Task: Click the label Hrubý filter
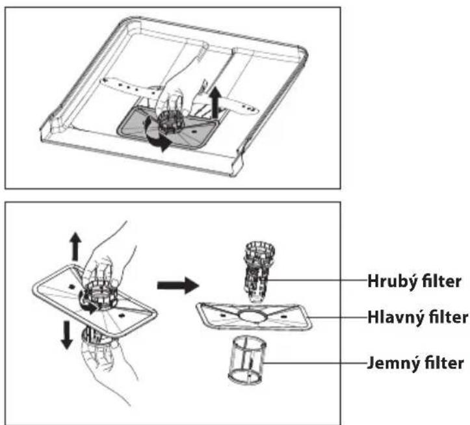(x=414, y=281)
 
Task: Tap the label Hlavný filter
(x=418, y=317)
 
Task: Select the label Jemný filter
(x=415, y=363)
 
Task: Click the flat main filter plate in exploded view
(x=254, y=317)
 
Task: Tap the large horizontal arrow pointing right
(x=178, y=285)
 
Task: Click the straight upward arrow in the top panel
(x=215, y=103)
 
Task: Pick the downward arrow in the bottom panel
(x=66, y=335)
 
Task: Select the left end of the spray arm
(x=103, y=81)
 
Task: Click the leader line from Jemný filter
(x=315, y=363)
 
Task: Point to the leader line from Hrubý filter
(x=317, y=280)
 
